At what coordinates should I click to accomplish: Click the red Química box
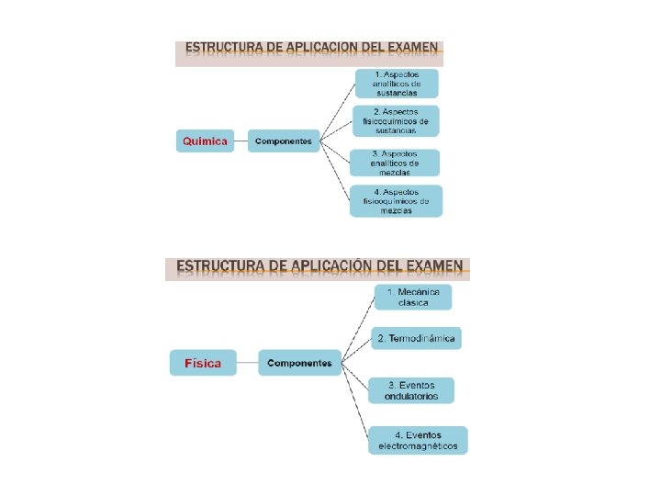(205, 141)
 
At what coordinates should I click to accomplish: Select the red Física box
(202, 363)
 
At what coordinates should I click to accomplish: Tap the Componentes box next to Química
(284, 141)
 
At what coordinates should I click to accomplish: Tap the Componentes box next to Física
(299, 363)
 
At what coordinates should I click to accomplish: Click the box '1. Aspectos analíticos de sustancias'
(397, 84)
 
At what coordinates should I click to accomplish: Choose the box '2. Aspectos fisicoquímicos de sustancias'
(396, 121)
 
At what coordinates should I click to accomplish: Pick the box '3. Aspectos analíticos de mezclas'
(394, 163)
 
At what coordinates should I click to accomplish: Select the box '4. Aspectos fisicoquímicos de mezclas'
(396, 201)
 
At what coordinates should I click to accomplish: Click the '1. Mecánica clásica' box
(413, 298)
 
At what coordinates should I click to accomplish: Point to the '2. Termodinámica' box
(416, 339)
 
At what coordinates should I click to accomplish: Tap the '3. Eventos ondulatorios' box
(411, 390)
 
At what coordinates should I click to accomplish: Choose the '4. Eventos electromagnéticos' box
(418, 441)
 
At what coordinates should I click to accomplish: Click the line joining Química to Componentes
(240, 141)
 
